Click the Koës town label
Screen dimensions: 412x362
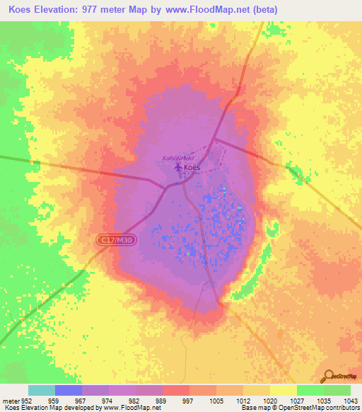coord(192,168)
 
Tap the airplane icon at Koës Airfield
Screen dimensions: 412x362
coord(177,167)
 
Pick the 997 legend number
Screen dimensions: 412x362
coord(188,400)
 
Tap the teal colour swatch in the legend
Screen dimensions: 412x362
coord(42,390)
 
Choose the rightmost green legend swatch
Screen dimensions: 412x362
coord(337,390)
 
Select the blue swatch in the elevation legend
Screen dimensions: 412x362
coord(69,390)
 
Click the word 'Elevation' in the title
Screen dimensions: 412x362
coord(64,10)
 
